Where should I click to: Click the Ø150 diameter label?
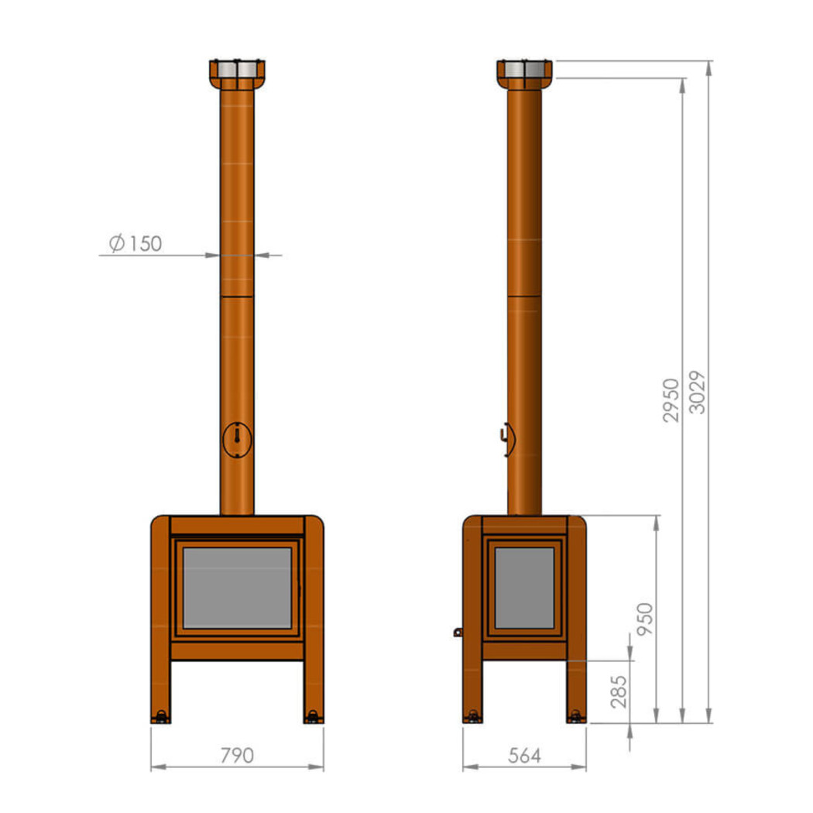click(x=135, y=243)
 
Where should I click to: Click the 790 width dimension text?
click(x=237, y=756)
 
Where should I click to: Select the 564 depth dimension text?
click(x=524, y=756)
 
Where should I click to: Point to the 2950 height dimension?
click(x=671, y=400)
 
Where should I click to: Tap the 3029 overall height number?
click(x=698, y=392)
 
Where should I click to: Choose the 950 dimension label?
click(x=644, y=619)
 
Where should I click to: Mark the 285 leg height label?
click(x=619, y=691)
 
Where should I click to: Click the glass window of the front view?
click(x=238, y=588)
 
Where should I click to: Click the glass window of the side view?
click(x=524, y=588)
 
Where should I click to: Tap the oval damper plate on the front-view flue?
click(x=237, y=440)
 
